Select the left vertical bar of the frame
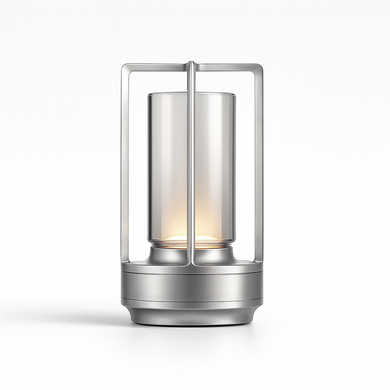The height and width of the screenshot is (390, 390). click(x=125, y=164)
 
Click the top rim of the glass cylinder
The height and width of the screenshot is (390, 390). click(x=192, y=94)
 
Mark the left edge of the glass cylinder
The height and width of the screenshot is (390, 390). click(x=149, y=168)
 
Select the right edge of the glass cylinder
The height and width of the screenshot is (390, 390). click(x=235, y=168)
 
